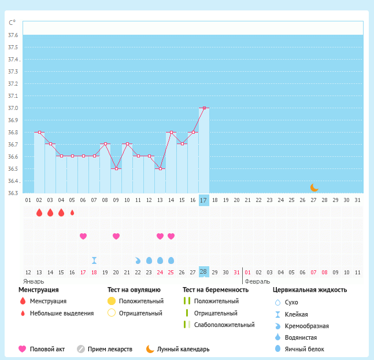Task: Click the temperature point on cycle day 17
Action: [x=203, y=108]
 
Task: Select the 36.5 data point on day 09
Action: [x=116, y=168]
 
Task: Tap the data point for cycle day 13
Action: [x=160, y=168]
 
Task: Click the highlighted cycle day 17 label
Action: [x=203, y=200]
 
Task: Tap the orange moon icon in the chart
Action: [x=314, y=187]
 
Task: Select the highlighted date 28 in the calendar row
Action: [x=203, y=272]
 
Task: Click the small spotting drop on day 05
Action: [x=72, y=212]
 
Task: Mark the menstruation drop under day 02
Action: [x=39, y=212]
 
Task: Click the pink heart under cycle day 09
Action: [x=116, y=236]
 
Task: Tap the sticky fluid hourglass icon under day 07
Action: [x=94, y=260]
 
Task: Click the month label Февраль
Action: [x=257, y=281]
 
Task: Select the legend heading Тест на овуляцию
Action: [x=134, y=289]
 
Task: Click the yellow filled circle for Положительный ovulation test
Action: [x=112, y=301]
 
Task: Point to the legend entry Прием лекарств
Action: [x=110, y=349]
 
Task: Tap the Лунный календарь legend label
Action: [x=183, y=349]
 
